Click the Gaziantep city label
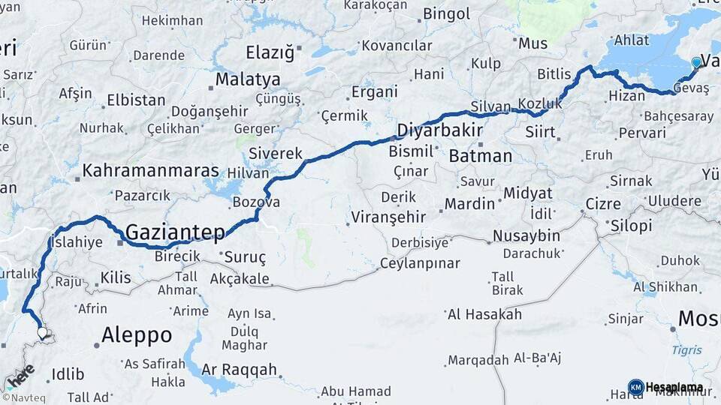coord(175,232)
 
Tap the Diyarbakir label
coord(439,130)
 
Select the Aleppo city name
coord(137,334)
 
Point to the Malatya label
coord(248,79)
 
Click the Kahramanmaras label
coord(150,171)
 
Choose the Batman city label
coord(481,157)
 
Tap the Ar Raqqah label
coord(239,370)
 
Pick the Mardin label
coord(469,203)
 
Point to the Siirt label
coord(541,133)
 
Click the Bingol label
coord(446,13)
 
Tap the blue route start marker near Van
coord(696,62)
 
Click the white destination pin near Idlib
coord(42,332)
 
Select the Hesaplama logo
coord(666,387)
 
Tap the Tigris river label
coord(687,350)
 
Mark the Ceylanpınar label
coord(419,263)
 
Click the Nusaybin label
coord(526,236)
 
